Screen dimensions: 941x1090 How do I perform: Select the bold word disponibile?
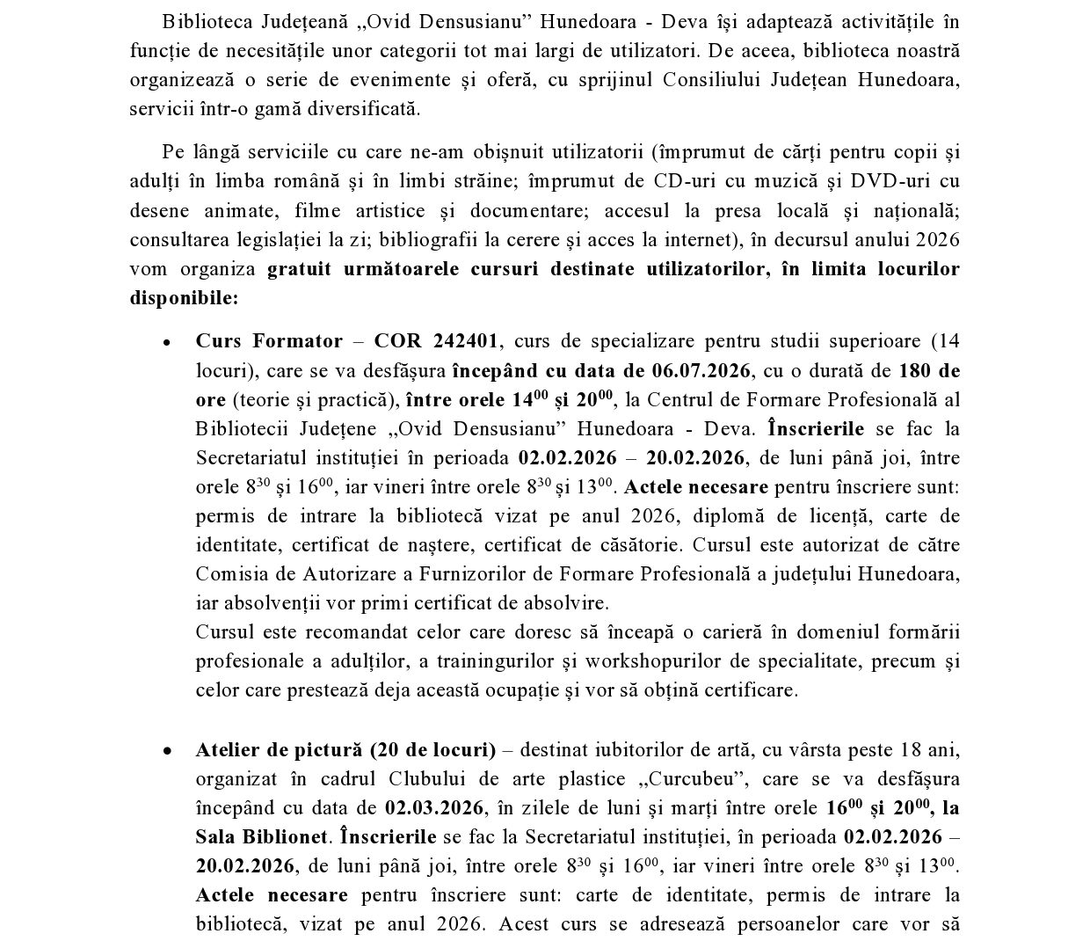tap(184, 297)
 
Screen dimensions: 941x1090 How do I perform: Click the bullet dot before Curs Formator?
tap(166, 342)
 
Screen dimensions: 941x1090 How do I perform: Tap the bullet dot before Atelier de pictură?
tap(166, 751)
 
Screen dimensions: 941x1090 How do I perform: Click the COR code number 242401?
tap(467, 341)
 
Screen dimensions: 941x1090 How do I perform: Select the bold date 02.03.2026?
tap(434, 808)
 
